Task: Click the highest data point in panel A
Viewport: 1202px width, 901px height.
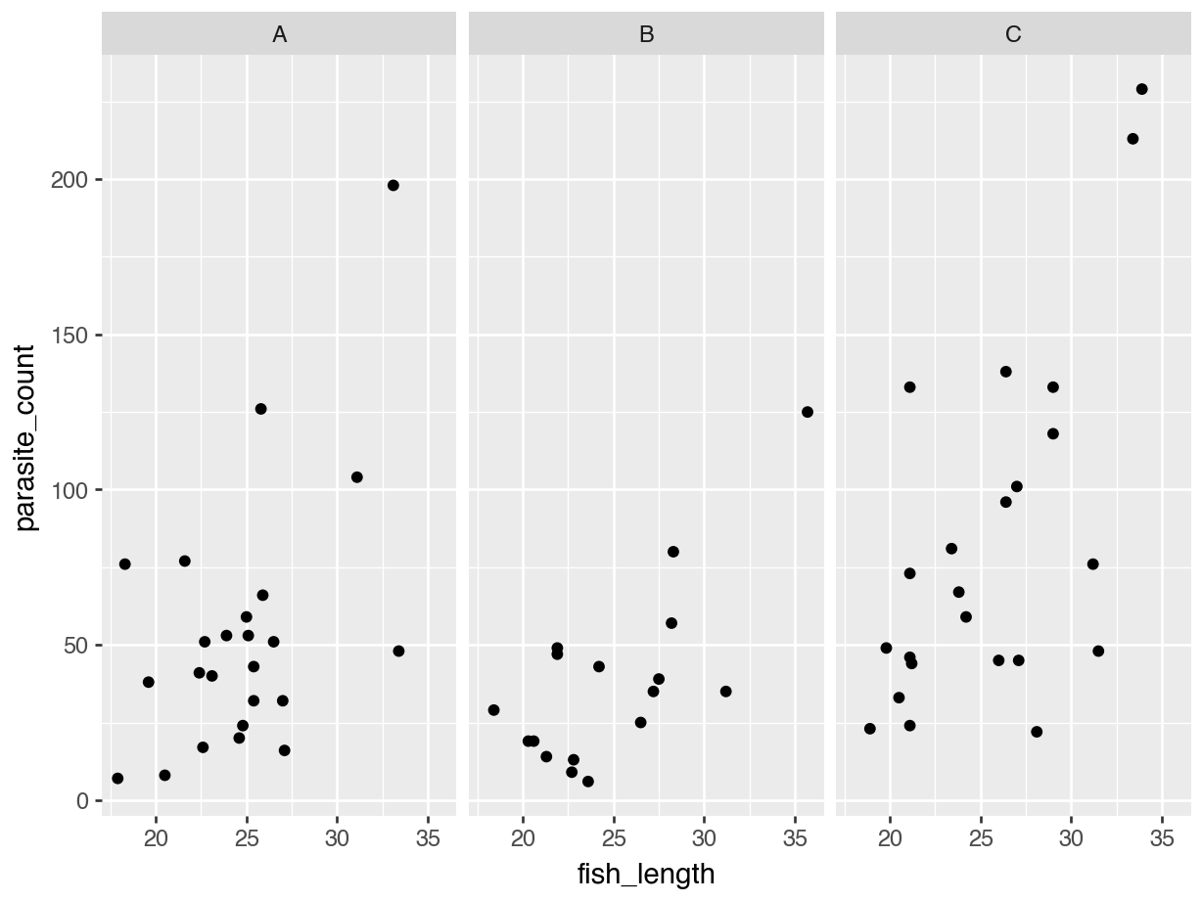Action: point(393,185)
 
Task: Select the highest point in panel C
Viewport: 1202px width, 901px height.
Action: point(1141,89)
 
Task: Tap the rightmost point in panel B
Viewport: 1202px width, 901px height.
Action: point(808,412)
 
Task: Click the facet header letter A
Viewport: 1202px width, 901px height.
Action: point(279,35)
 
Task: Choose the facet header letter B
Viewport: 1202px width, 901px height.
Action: point(646,35)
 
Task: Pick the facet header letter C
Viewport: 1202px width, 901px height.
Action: point(1013,35)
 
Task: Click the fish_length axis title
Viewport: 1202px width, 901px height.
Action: point(646,874)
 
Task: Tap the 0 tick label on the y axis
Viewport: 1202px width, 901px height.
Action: point(84,801)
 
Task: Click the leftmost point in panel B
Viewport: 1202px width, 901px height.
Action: point(493,710)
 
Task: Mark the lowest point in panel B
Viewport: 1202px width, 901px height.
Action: point(587,782)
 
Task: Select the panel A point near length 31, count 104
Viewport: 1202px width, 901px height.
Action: point(356,477)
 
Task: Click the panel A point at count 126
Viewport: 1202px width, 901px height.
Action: point(260,409)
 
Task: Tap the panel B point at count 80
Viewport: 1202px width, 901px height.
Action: point(673,552)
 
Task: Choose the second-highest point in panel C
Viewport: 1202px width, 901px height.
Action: point(1133,139)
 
